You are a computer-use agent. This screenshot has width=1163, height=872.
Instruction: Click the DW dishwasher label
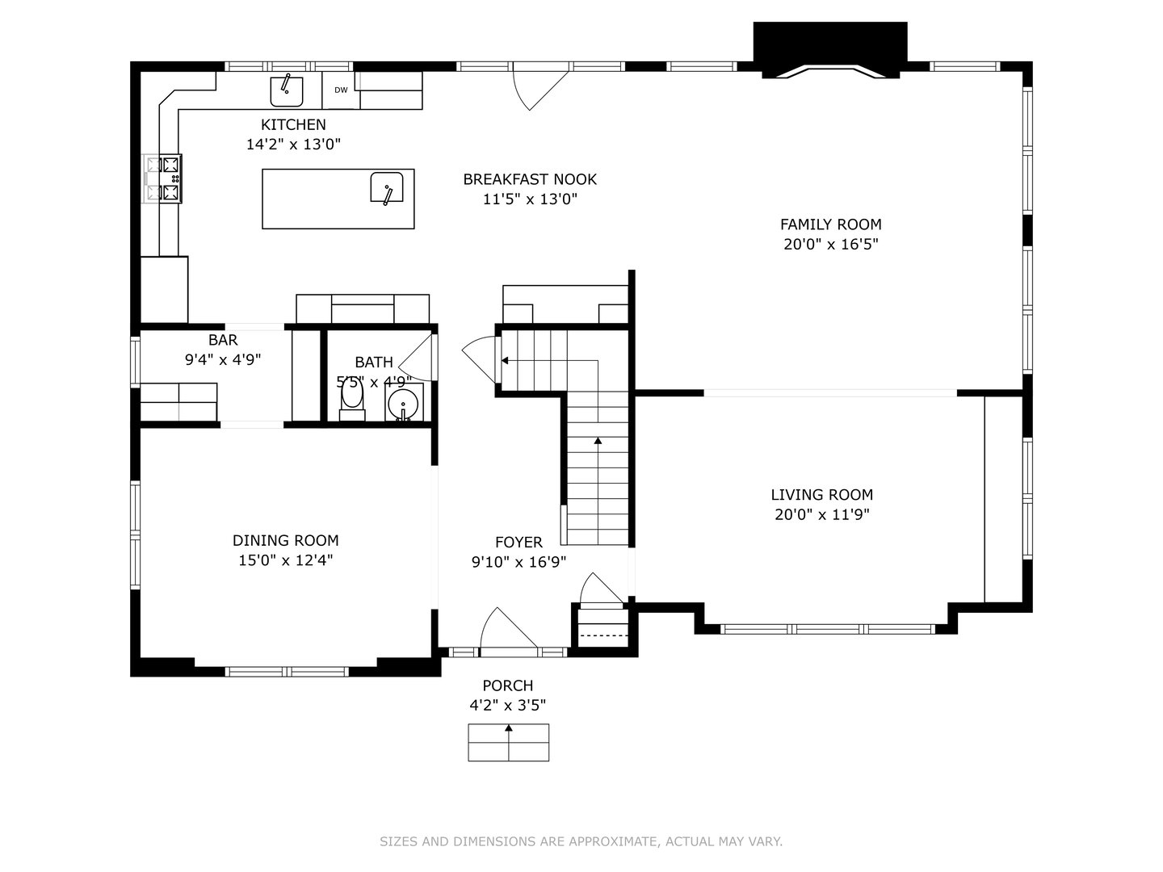tap(341, 90)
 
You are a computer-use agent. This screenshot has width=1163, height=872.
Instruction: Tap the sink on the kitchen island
tap(387, 188)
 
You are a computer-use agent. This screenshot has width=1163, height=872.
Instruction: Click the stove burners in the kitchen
tap(170, 178)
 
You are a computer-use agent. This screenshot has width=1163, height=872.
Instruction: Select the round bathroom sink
tap(403, 404)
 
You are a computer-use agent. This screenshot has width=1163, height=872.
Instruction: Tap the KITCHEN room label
tap(293, 124)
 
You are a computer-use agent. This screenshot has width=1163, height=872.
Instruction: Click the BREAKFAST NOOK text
tap(530, 179)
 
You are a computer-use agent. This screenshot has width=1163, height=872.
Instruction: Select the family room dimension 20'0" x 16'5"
tap(830, 245)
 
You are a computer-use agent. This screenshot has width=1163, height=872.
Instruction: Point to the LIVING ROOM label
tap(821, 495)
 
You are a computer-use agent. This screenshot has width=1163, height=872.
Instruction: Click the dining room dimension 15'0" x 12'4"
tap(286, 560)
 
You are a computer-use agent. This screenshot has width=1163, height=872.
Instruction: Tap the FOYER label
tap(519, 543)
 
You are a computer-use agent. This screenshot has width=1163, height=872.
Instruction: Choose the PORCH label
tap(508, 685)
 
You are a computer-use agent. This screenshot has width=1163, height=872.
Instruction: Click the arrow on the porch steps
tap(509, 730)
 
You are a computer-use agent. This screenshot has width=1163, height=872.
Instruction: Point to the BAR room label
tap(223, 340)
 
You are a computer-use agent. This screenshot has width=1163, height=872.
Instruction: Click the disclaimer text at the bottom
tap(581, 841)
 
